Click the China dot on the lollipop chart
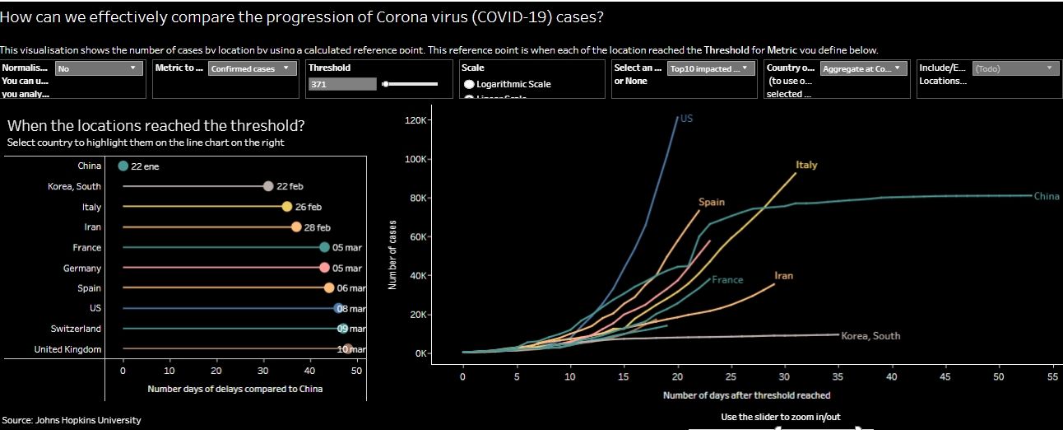123,166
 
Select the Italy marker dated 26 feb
286,207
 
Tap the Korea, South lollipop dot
267,186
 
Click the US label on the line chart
686,119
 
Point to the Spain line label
712,202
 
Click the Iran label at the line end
783,275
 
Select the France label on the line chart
727,280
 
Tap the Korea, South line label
870,336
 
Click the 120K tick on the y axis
417,121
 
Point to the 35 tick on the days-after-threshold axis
838,376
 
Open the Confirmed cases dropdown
252,68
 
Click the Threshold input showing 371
341,84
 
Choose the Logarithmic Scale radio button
469,84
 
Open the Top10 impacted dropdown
709,68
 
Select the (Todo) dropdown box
1014,68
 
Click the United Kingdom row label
67,349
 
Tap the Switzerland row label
75,329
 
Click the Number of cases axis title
392,254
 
